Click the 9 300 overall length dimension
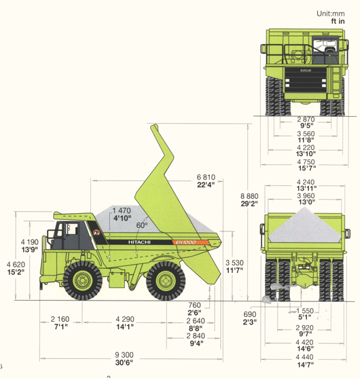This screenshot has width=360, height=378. click(x=124, y=355)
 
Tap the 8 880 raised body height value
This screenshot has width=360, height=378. click(x=249, y=196)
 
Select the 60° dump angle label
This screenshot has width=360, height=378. click(x=142, y=225)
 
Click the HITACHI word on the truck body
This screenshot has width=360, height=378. click(x=139, y=242)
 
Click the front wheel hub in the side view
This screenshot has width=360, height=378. click(x=82, y=280)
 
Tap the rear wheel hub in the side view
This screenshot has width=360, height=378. click(x=166, y=281)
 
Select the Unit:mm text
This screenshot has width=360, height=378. click(x=331, y=14)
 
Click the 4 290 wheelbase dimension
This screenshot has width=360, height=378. click(x=125, y=319)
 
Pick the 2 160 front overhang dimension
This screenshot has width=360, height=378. click(x=60, y=319)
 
